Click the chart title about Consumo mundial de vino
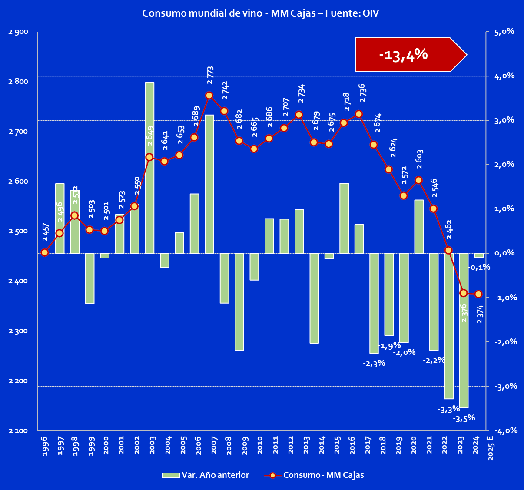(261, 13)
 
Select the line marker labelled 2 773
(209, 95)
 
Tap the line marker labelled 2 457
(44, 252)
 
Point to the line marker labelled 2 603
(418, 180)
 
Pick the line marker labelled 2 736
(358, 114)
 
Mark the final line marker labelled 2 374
(478, 294)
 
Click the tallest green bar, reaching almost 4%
(149, 168)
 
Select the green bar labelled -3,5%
(464, 330)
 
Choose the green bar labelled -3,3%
(449, 326)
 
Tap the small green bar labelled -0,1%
(478, 255)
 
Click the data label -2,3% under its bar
(374, 363)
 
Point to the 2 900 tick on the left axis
(18, 32)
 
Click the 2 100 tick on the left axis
(18, 431)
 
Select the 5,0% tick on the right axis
(505, 32)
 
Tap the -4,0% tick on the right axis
(504, 431)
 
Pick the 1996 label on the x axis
(45, 446)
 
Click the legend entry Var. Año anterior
(206, 475)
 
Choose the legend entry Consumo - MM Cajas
(314, 475)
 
